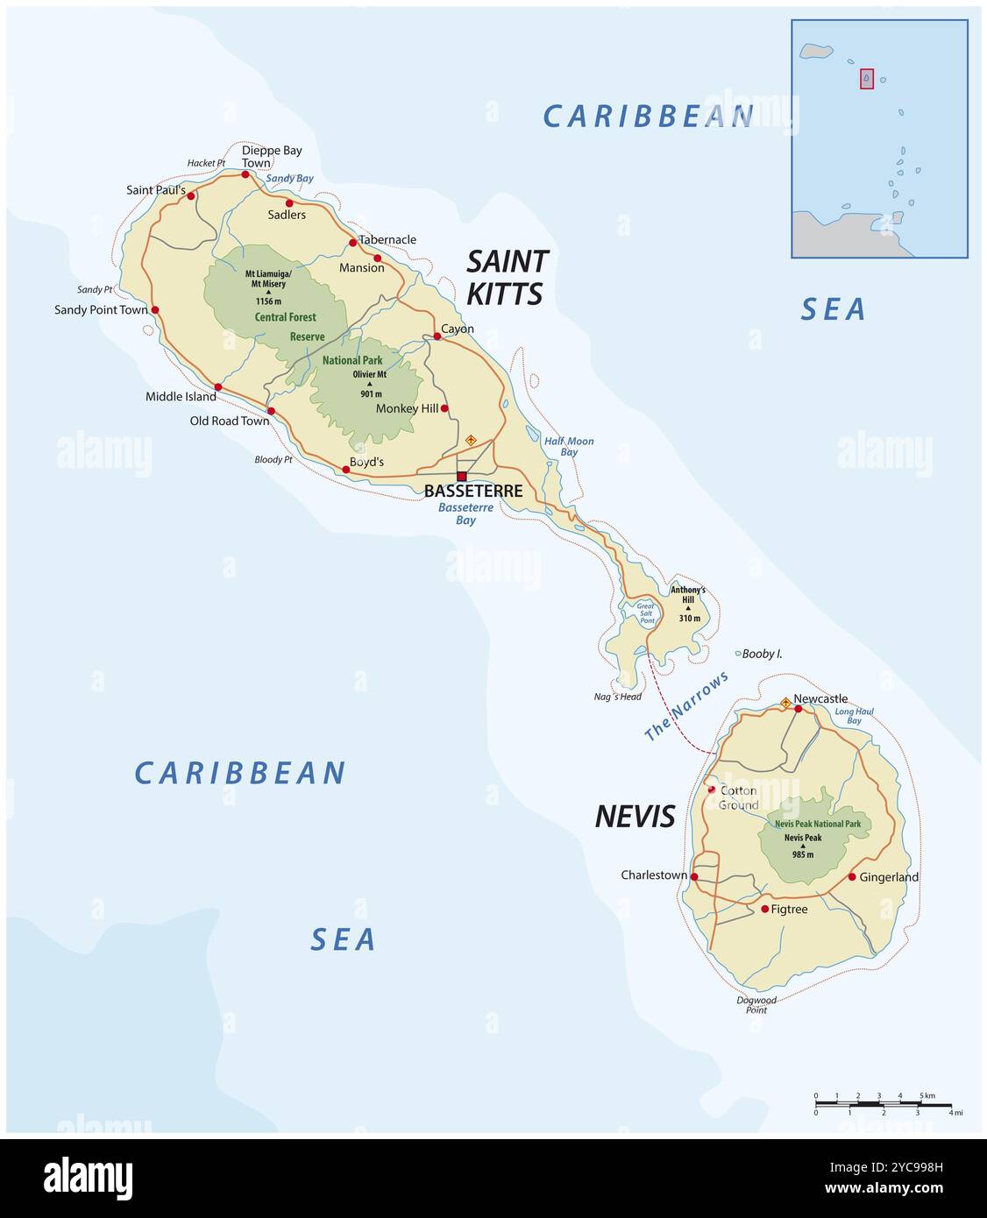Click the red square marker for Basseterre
[x=461, y=476]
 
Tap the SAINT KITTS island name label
[x=507, y=277]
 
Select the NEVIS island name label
[x=635, y=817]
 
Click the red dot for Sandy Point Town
[x=155, y=309]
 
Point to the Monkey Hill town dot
[x=444, y=408]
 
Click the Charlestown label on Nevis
[x=653, y=875]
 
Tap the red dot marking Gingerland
[x=851, y=876]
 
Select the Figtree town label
[x=789, y=910]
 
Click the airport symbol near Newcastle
[x=785, y=702]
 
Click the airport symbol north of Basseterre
[x=471, y=440]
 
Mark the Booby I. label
[x=762, y=654]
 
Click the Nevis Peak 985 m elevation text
[x=802, y=854]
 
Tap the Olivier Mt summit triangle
[x=370, y=384]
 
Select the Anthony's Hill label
[x=688, y=595]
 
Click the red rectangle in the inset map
[x=866, y=79]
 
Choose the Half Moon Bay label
[x=569, y=446]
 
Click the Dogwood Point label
[x=756, y=1005]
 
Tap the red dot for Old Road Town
[x=271, y=411]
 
